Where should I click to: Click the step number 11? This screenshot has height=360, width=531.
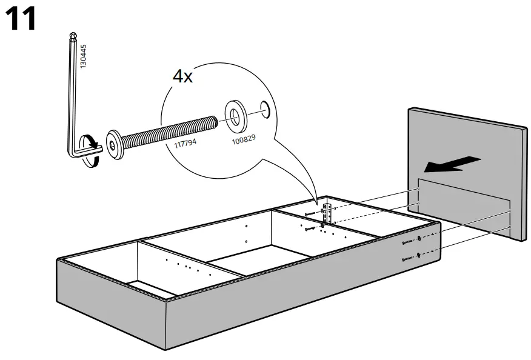[x=21, y=19]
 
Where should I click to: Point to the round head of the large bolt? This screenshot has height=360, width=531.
[x=115, y=142]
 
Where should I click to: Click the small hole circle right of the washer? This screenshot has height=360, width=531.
[x=264, y=107]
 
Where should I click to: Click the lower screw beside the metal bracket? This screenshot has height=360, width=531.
[x=313, y=228]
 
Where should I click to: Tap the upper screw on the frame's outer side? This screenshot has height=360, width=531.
[x=410, y=242]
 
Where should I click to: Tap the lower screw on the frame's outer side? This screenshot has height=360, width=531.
[x=410, y=259]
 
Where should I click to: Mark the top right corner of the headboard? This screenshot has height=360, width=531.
[x=525, y=127]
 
